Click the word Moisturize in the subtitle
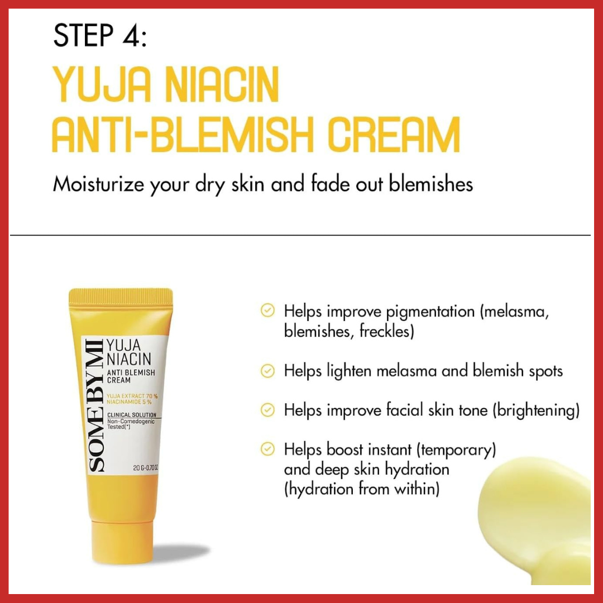click(x=98, y=185)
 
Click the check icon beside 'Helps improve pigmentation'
click(x=268, y=311)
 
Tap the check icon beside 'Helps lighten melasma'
click(x=268, y=370)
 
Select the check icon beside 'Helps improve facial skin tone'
click(x=268, y=410)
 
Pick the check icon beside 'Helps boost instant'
click(x=268, y=449)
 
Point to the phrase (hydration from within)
click(x=361, y=490)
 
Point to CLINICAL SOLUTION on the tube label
click(x=132, y=415)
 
